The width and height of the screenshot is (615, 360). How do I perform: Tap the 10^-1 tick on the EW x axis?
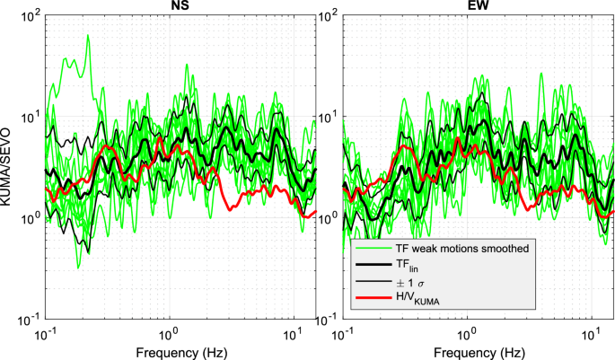point(342,333)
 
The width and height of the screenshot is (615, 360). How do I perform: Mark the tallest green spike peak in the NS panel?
point(87,36)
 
